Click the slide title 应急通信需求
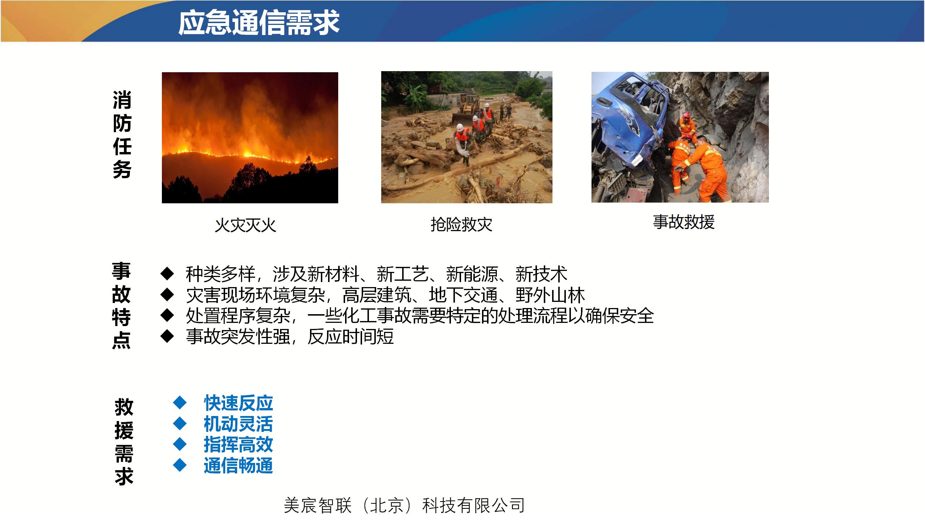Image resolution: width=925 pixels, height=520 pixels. [259, 22]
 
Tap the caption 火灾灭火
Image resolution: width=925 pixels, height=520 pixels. [245, 225]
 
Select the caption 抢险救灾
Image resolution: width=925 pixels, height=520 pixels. [461, 225]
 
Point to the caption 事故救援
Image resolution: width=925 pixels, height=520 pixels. [684, 222]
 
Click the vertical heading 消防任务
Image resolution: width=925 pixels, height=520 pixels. [122, 135]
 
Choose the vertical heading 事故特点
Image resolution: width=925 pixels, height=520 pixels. [121, 305]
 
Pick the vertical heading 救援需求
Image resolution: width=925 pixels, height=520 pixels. [124, 442]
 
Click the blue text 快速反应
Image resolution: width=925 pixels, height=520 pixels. [238, 403]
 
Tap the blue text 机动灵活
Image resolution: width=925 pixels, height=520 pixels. [238, 424]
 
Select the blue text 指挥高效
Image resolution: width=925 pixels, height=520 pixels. [238, 445]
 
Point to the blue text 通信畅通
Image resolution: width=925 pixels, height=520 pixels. [238, 465]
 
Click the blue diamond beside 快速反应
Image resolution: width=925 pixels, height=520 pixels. [180, 402]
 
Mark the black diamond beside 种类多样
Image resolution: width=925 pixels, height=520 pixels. [167, 274]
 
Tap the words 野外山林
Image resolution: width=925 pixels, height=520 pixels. [550, 295]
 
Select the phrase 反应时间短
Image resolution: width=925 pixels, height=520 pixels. [350, 337]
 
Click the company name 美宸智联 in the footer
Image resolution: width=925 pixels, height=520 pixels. [318, 505]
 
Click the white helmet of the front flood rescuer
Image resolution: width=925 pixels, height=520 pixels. [460, 127]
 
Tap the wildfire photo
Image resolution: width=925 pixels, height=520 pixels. [250, 138]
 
